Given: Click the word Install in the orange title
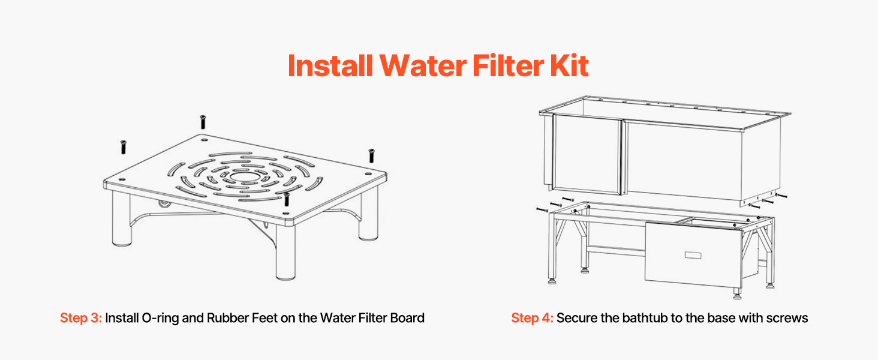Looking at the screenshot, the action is (x=330, y=65).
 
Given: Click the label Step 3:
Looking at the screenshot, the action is (x=81, y=318).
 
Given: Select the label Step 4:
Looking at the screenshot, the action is (x=532, y=318).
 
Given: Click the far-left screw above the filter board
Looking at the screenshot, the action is (x=124, y=147).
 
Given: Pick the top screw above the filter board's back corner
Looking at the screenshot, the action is (x=203, y=122).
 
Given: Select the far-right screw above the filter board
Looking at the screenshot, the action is (x=371, y=155).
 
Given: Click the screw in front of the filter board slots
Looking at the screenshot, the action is (x=287, y=199).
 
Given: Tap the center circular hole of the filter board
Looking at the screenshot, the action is (x=244, y=177).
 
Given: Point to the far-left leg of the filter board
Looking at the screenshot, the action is (x=122, y=218).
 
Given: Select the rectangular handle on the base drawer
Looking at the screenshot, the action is (x=693, y=255).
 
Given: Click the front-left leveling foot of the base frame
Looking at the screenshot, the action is (x=552, y=280).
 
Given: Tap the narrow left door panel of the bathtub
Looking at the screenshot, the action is (x=587, y=154).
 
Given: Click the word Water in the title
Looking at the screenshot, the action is (x=423, y=65).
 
